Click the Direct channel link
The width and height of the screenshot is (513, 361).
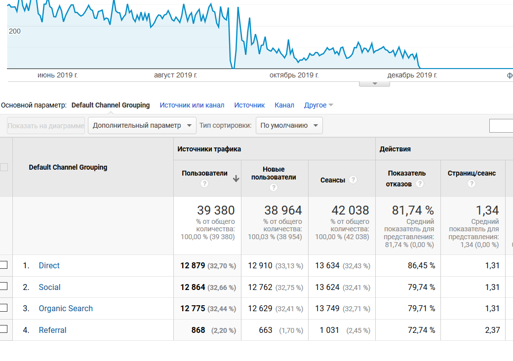coord(49,265)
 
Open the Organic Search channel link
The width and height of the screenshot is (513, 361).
coord(66,308)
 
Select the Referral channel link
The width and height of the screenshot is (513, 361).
coord(52,330)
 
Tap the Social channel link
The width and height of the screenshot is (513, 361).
coord(49,287)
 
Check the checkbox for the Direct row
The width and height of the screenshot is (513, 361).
coord(3,265)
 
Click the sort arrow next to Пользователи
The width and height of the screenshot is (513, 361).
coord(236,179)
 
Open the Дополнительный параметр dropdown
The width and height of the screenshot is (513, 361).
coord(142,125)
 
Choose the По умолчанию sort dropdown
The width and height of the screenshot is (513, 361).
coord(289,125)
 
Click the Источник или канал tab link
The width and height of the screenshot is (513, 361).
coord(192,105)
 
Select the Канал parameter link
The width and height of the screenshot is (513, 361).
coord(284,105)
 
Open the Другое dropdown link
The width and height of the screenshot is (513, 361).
coord(318,105)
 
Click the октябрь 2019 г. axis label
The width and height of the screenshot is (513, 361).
coord(294,75)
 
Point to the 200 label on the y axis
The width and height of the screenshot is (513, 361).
coord(15,31)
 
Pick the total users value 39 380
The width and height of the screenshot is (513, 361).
coord(216,211)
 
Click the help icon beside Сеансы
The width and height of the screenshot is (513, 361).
coord(353,180)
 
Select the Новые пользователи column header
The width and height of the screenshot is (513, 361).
coord(274,173)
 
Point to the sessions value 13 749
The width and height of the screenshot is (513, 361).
coord(327,308)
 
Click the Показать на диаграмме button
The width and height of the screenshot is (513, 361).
coord(46,125)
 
